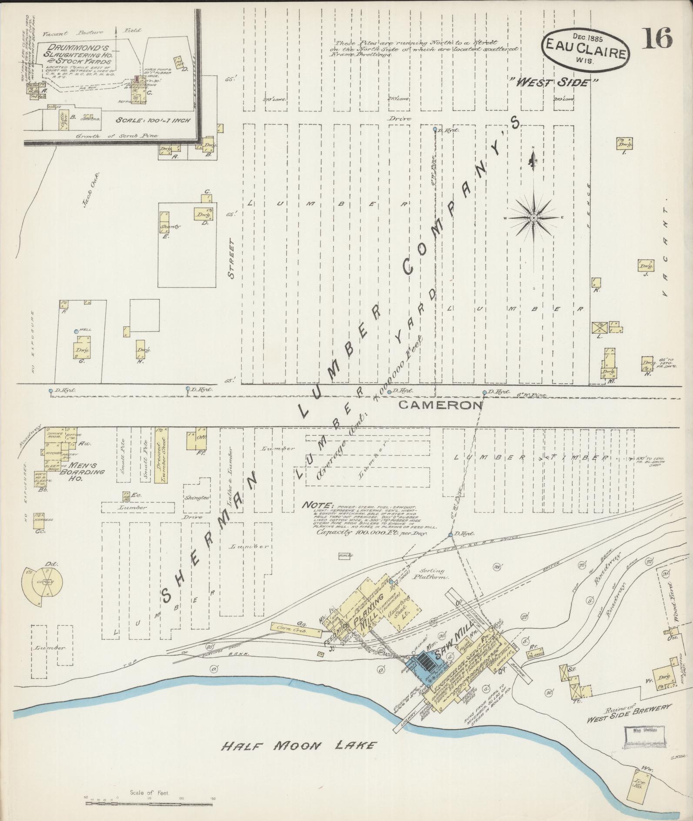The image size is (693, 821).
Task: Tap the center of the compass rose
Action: coord(533,218)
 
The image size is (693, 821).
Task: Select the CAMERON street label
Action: coord(440,405)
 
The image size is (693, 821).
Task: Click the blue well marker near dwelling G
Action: coord(76,332)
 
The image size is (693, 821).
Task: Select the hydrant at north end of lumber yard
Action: coord(435,129)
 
